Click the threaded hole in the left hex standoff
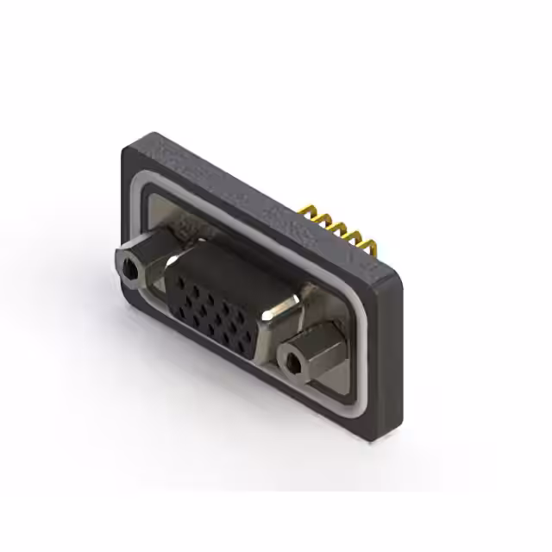(x=129, y=271)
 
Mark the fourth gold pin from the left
(x=357, y=238)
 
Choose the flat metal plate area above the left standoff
(x=172, y=211)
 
